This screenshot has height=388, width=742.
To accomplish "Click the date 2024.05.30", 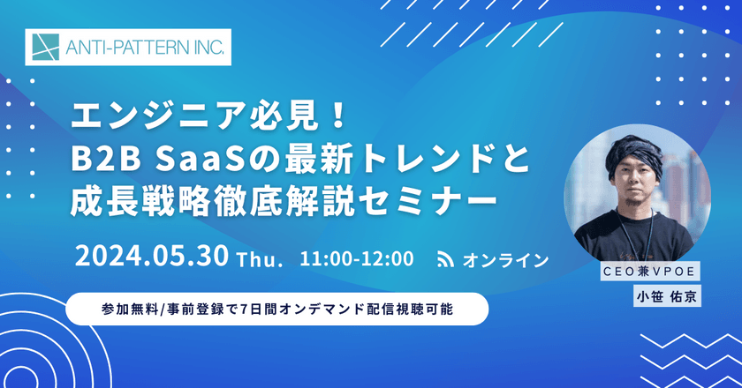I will pyautogui.click(x=153, y=257).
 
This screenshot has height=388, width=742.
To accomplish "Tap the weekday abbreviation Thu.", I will pyautogui.click(x=259, y=260).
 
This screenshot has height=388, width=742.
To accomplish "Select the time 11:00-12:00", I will pyautogui.click(x=356, y=259).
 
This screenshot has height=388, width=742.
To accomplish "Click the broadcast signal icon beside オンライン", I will pyautogui.click(x=447, y=259).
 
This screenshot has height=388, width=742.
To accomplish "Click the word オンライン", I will pyautogui.click(x=505, y=260).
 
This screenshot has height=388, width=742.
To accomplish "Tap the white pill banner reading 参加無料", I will pyautogui.click(x=277, y=310).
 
